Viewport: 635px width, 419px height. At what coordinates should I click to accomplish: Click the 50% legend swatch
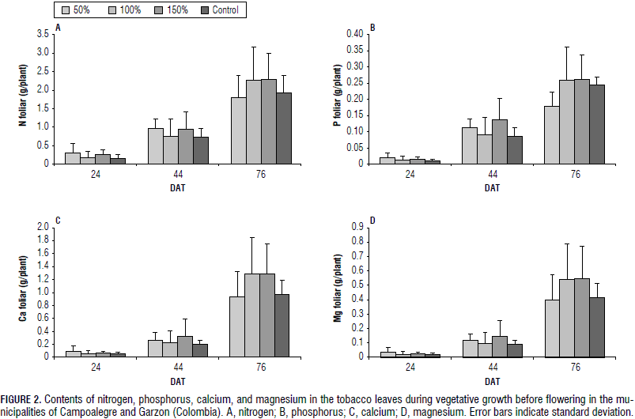pos(66,10)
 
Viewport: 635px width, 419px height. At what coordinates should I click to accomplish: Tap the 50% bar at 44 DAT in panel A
pos(157,146)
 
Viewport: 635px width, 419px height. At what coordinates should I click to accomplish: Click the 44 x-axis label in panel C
pos(179,368)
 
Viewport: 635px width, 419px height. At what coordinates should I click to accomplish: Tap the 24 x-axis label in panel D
pos(410,368)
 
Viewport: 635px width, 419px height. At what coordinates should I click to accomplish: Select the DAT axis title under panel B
pos(493,188)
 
